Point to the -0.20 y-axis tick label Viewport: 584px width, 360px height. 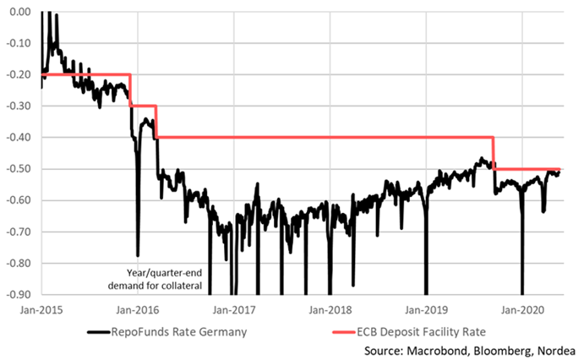click(x=18, y=74)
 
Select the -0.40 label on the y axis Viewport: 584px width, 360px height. click(x=18, y=138)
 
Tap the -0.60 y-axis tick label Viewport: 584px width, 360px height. click(x=18, y=200)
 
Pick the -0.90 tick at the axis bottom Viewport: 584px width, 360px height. click(x=18, y=294)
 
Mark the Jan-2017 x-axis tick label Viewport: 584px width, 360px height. click(x=233, y=308)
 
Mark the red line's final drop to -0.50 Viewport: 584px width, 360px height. click(x=494, y=153)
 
